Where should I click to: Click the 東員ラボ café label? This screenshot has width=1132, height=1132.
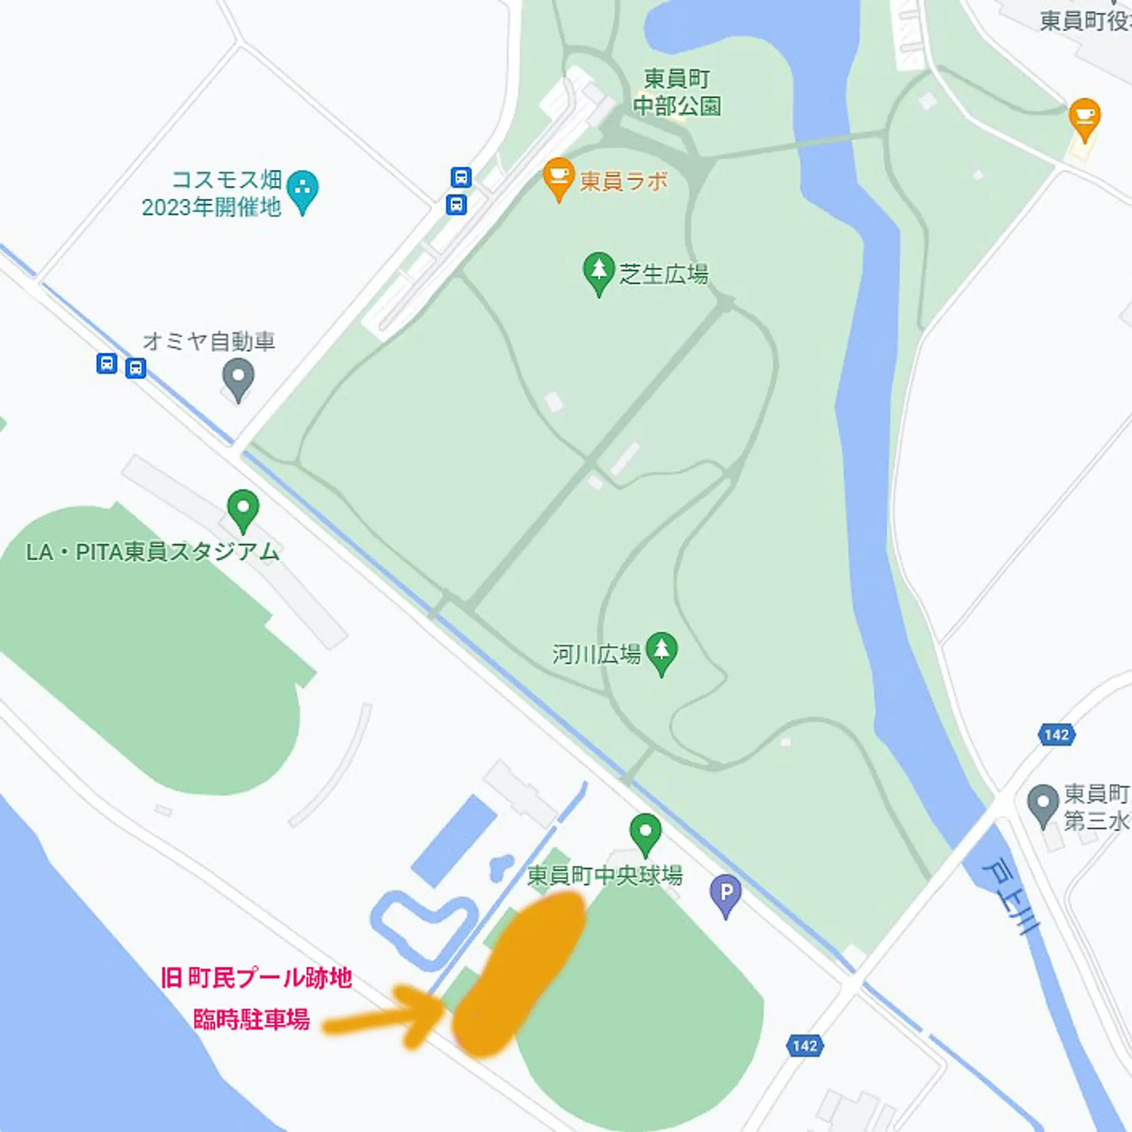coord(624,181)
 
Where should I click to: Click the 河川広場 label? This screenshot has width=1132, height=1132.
coord(596,654)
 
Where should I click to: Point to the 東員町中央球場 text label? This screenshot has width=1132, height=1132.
coord(604,876)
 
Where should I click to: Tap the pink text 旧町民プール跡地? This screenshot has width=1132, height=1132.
coord(256,978)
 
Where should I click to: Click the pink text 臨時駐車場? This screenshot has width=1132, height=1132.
coord(252,1019)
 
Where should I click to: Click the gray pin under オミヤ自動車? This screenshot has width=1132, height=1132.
coord(238,379)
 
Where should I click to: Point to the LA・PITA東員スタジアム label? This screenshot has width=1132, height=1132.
coord(152,552)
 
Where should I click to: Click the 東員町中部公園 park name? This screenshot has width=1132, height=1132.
coord(677,93)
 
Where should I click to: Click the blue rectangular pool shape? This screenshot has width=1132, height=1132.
coord(454,840)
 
